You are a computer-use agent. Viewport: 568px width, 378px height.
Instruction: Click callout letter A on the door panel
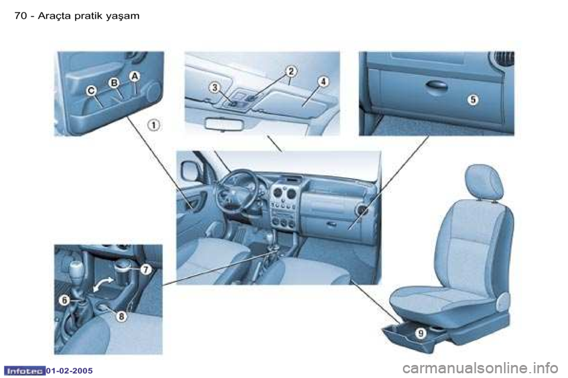134,76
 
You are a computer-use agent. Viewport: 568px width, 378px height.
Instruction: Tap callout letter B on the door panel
114,83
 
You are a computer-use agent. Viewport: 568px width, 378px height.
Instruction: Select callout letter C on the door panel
92,91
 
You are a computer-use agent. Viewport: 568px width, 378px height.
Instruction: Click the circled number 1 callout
154,125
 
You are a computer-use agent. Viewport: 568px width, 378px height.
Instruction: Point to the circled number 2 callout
291,71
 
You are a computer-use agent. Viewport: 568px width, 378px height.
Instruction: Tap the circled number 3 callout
215,87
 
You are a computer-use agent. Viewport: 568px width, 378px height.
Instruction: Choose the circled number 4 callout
323,82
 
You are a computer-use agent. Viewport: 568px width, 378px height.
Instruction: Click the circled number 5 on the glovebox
473,99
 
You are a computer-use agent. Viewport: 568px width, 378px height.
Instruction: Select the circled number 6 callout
64,300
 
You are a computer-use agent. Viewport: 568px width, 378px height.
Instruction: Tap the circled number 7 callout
146,269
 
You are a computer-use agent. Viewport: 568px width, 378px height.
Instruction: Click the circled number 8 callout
121,317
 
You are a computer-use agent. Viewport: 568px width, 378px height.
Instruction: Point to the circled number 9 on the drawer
420,333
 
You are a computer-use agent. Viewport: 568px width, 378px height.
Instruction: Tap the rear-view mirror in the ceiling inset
225,123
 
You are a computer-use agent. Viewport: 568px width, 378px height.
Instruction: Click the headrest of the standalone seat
485,182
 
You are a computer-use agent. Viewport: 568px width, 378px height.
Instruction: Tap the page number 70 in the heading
20,16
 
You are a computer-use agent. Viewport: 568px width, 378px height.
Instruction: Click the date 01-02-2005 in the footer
70,371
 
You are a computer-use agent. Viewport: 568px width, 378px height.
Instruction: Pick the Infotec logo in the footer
24,370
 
